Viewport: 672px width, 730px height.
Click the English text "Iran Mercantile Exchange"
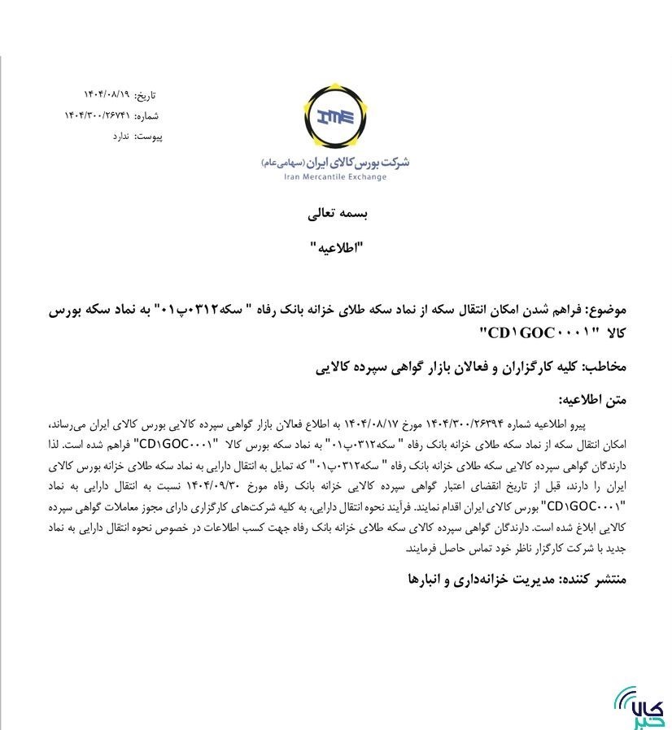334,176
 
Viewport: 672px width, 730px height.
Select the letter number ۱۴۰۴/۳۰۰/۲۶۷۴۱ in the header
96,115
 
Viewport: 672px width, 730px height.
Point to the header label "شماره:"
147,115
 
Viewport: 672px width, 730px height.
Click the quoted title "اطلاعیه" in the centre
335,248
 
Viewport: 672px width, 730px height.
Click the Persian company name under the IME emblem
335,162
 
